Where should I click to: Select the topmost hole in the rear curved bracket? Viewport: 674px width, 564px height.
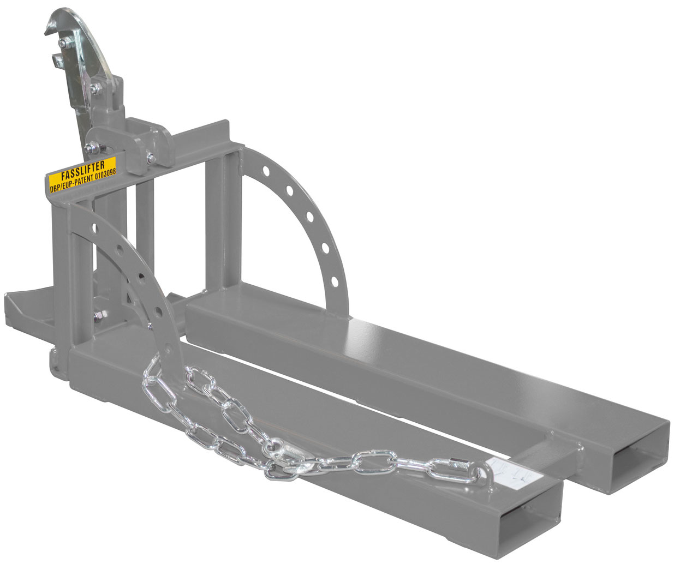pyautogui.click(x=266, y=171)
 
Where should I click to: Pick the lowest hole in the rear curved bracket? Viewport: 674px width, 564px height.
pyautogui.click(x=335, y=281)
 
